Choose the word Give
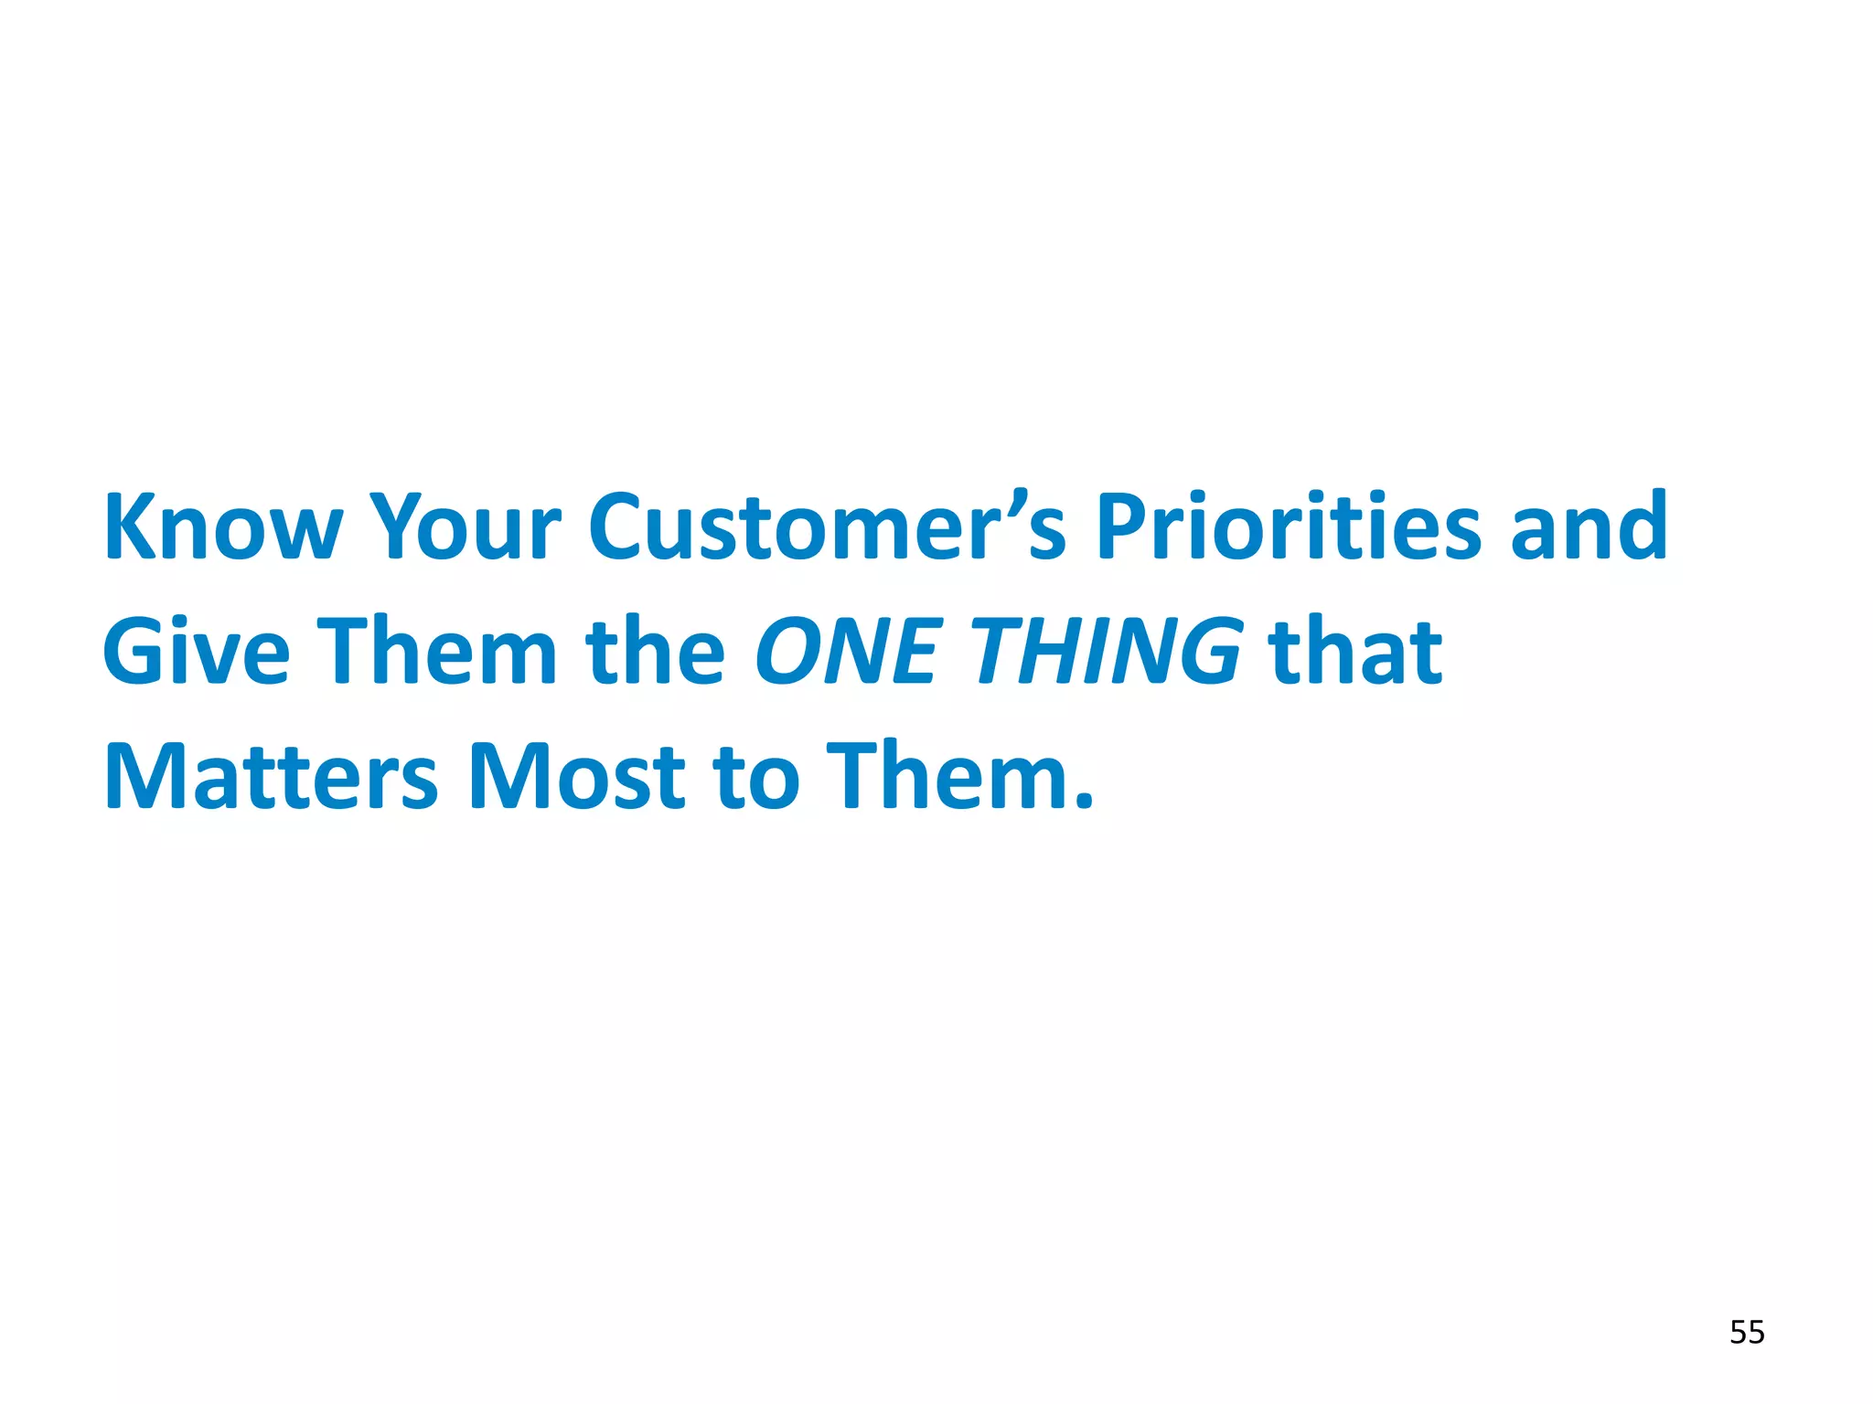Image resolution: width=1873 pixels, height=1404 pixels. point(196,652)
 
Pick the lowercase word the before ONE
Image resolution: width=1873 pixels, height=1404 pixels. point(655,652)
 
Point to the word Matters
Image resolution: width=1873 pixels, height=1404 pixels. point(272,777)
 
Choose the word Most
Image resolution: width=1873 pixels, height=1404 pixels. point(576,777)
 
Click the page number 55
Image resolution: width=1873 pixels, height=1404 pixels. point(1746,1333)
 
